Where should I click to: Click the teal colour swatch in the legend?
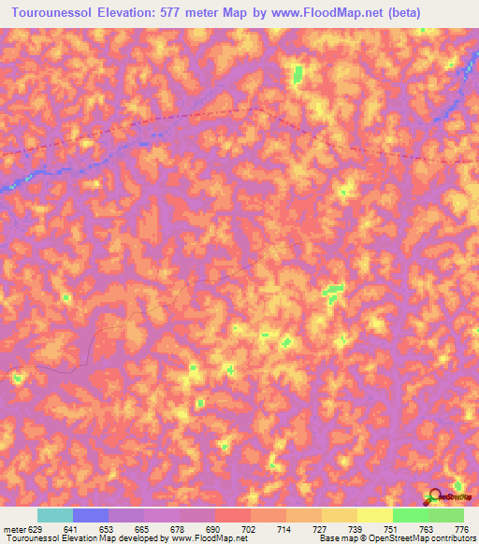(54, 515)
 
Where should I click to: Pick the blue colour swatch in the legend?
(91, 515)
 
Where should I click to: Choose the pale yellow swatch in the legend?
(374, 515)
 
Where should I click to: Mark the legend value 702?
(250, 529)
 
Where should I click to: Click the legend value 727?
(321, 529)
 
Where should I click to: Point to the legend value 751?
(392, 529)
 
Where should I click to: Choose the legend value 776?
(463, 529)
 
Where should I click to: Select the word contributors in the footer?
(453, 538)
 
